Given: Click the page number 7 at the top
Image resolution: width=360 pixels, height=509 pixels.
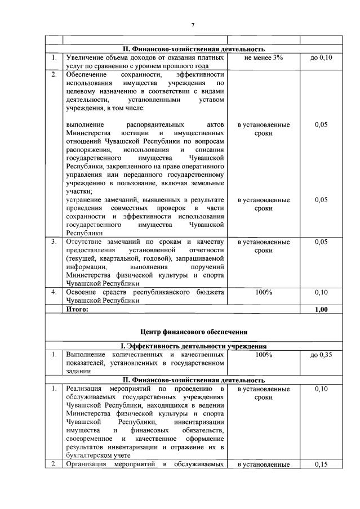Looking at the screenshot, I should [193, 25].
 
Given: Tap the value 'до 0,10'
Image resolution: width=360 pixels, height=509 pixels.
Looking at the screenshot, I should [321, 58].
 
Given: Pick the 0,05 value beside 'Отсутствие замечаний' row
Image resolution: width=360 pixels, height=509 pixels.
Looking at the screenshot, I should [321, 242].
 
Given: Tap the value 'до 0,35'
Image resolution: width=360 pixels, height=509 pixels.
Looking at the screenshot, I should [321, 355].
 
